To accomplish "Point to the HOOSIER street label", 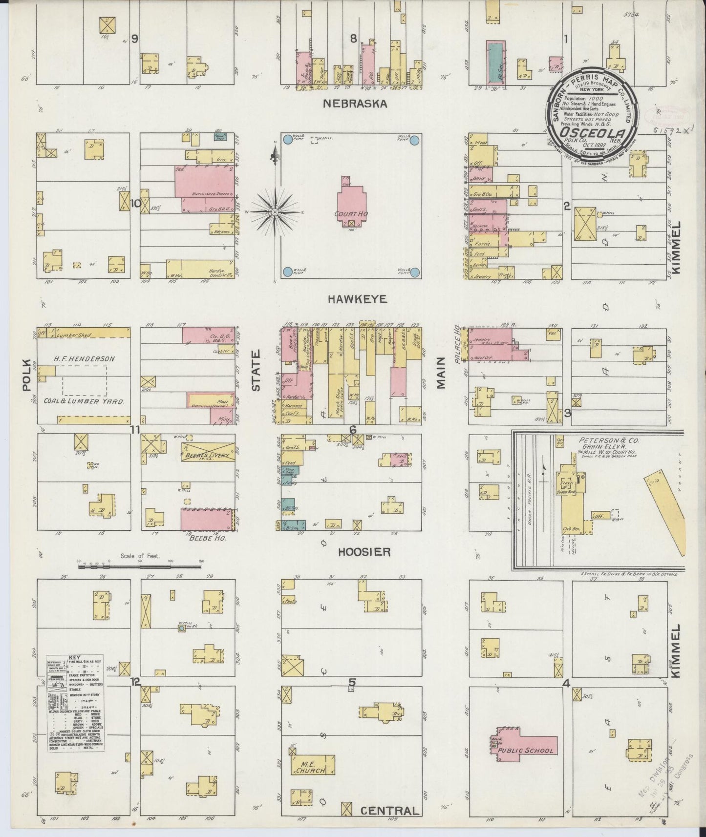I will pos(364,552).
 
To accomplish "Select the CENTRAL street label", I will pos(389,811).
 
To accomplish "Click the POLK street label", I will pos(27,376).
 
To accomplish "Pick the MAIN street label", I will pos(442,373).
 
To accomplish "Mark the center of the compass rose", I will pos(275,212).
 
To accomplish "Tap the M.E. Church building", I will pos(313,767).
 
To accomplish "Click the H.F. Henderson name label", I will pos(85,359).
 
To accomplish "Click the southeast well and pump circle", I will pos(415,272).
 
